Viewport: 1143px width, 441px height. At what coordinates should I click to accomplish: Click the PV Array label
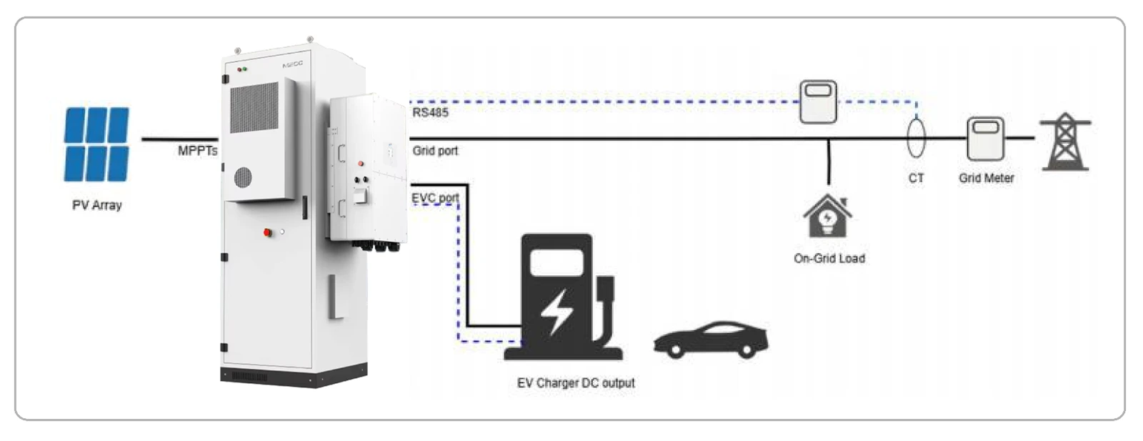click(x=97, y=205)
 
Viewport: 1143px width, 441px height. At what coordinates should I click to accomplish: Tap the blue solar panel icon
click(x=96, y=144)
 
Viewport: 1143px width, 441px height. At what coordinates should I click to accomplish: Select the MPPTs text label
click(x=197, y=151)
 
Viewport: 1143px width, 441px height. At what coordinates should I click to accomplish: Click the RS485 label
click(x=430, y=112)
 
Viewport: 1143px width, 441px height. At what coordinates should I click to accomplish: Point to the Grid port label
click(x=435, y=151)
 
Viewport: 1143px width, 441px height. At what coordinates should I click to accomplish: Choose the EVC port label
click(x=435, y=197)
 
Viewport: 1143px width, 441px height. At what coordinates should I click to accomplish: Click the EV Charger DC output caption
click(x=576, y=383)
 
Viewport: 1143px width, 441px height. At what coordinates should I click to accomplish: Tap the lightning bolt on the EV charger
click(x=556, y=312)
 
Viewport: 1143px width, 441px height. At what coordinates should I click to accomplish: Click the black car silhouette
click(x=711, y=340)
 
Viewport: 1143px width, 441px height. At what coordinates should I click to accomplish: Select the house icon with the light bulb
click(x=828, y=216)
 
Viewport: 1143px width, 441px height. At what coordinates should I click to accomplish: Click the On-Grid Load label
click(x=829, y=258)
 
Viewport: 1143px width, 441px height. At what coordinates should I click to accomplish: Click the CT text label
click(x=916, y=178)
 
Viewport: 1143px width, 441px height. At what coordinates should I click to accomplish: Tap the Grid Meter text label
click(x=987, y=178)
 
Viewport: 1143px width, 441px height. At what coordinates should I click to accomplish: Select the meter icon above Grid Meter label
click(x=985, y=139)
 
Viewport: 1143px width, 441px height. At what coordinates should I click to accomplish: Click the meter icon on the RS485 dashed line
click(x=818, y=101)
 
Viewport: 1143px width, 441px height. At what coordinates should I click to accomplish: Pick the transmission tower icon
click(x=1065, y=142)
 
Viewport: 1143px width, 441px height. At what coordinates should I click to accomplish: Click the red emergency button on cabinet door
click(x=267, y=233)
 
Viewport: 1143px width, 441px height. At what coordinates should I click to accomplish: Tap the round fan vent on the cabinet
click(x=243, y=177)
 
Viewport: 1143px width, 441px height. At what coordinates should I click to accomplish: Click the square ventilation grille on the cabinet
click(x=254, y=107)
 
